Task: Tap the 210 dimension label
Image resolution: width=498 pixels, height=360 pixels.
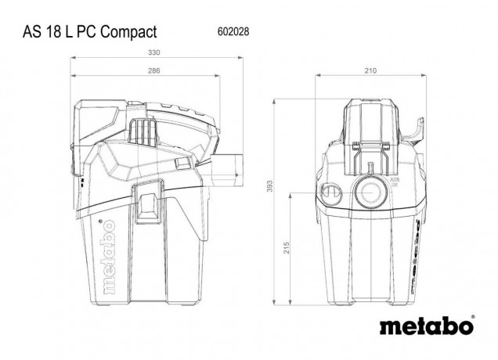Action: pos(370,71)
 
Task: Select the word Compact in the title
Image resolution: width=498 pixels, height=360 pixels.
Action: pos(126,32)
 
